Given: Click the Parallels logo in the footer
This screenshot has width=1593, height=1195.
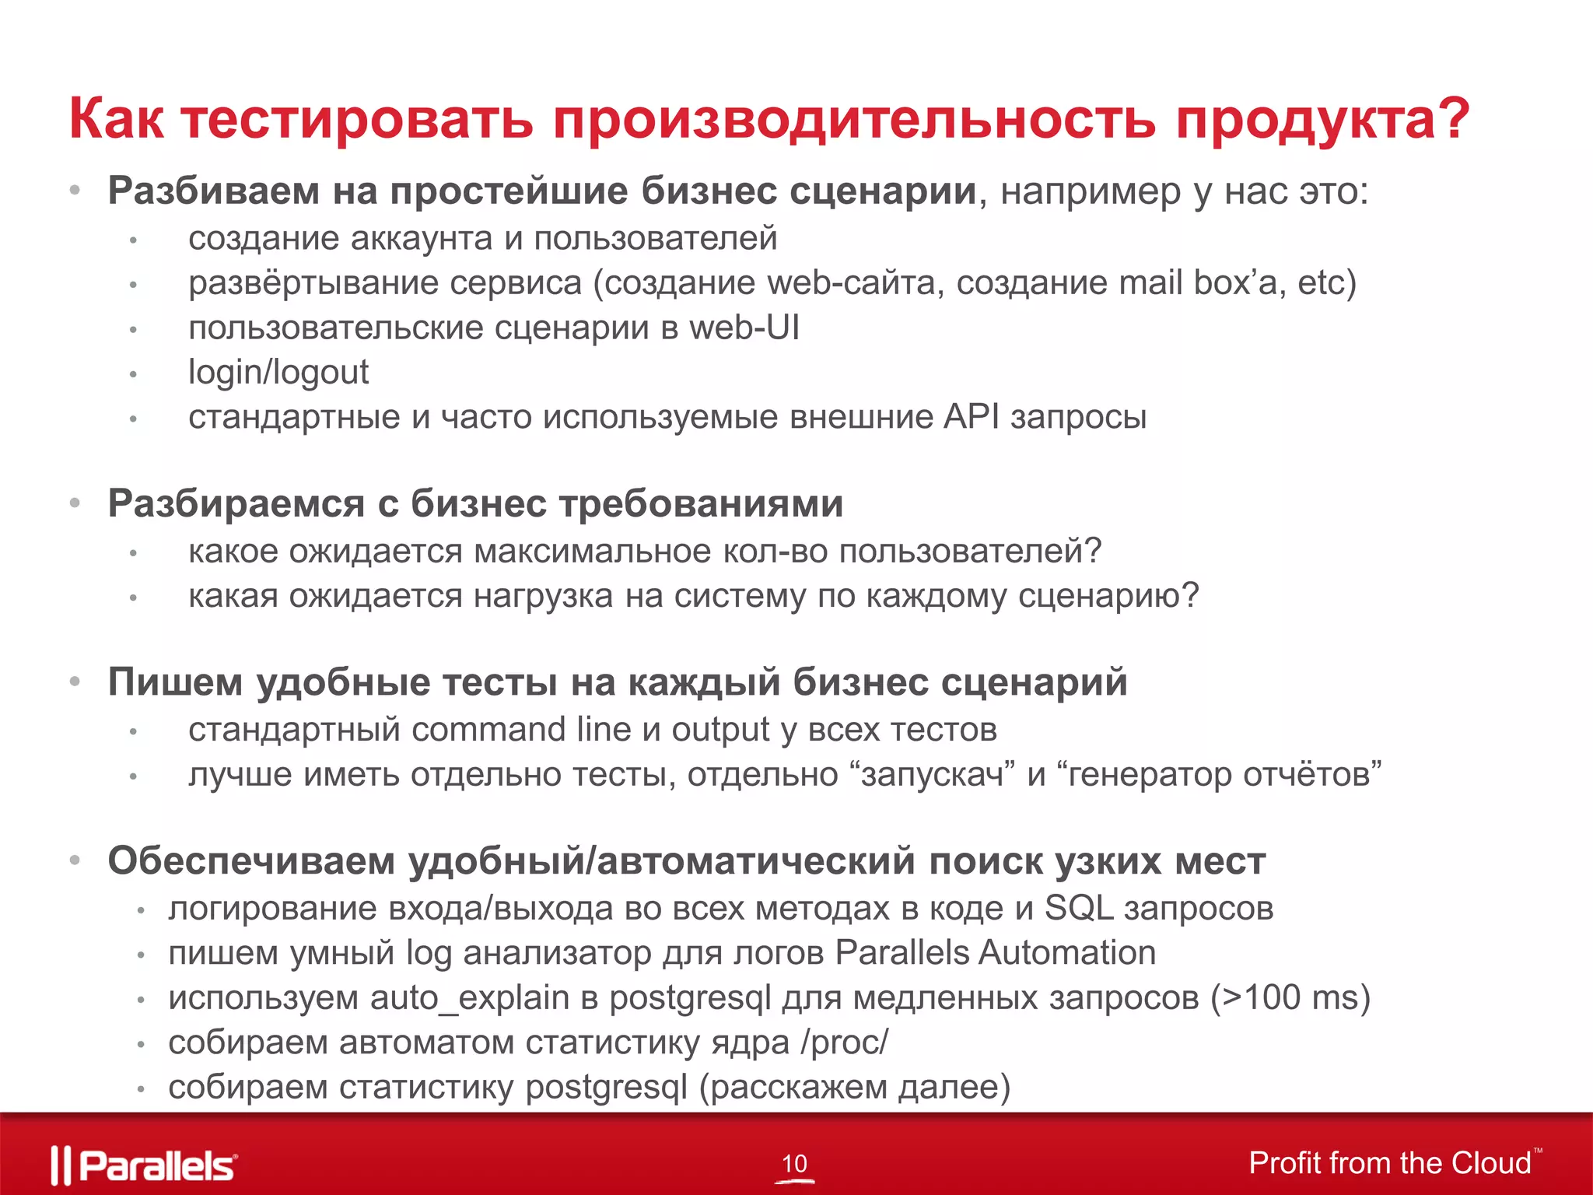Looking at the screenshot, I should (145, 1165).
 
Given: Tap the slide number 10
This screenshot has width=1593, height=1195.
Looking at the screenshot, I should (794, 1164).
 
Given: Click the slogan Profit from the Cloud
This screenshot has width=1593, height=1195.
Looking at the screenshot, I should (1390, 1163).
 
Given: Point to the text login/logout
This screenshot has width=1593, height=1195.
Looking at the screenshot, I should (278, 372).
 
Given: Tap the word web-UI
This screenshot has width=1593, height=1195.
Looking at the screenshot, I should (744, 328).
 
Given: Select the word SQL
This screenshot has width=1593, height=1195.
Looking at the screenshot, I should (1079, 908).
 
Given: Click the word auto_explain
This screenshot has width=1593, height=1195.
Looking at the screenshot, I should (470, 998).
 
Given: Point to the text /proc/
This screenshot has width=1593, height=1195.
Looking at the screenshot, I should (845, 1043).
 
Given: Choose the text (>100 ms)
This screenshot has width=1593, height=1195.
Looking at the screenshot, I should (1290, 997).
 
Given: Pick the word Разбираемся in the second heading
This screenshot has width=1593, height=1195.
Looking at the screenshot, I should (236, 503).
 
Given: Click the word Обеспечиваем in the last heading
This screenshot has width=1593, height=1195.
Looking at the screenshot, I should (251, 861).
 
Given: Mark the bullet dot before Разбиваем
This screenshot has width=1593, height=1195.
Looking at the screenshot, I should (75, 190).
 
